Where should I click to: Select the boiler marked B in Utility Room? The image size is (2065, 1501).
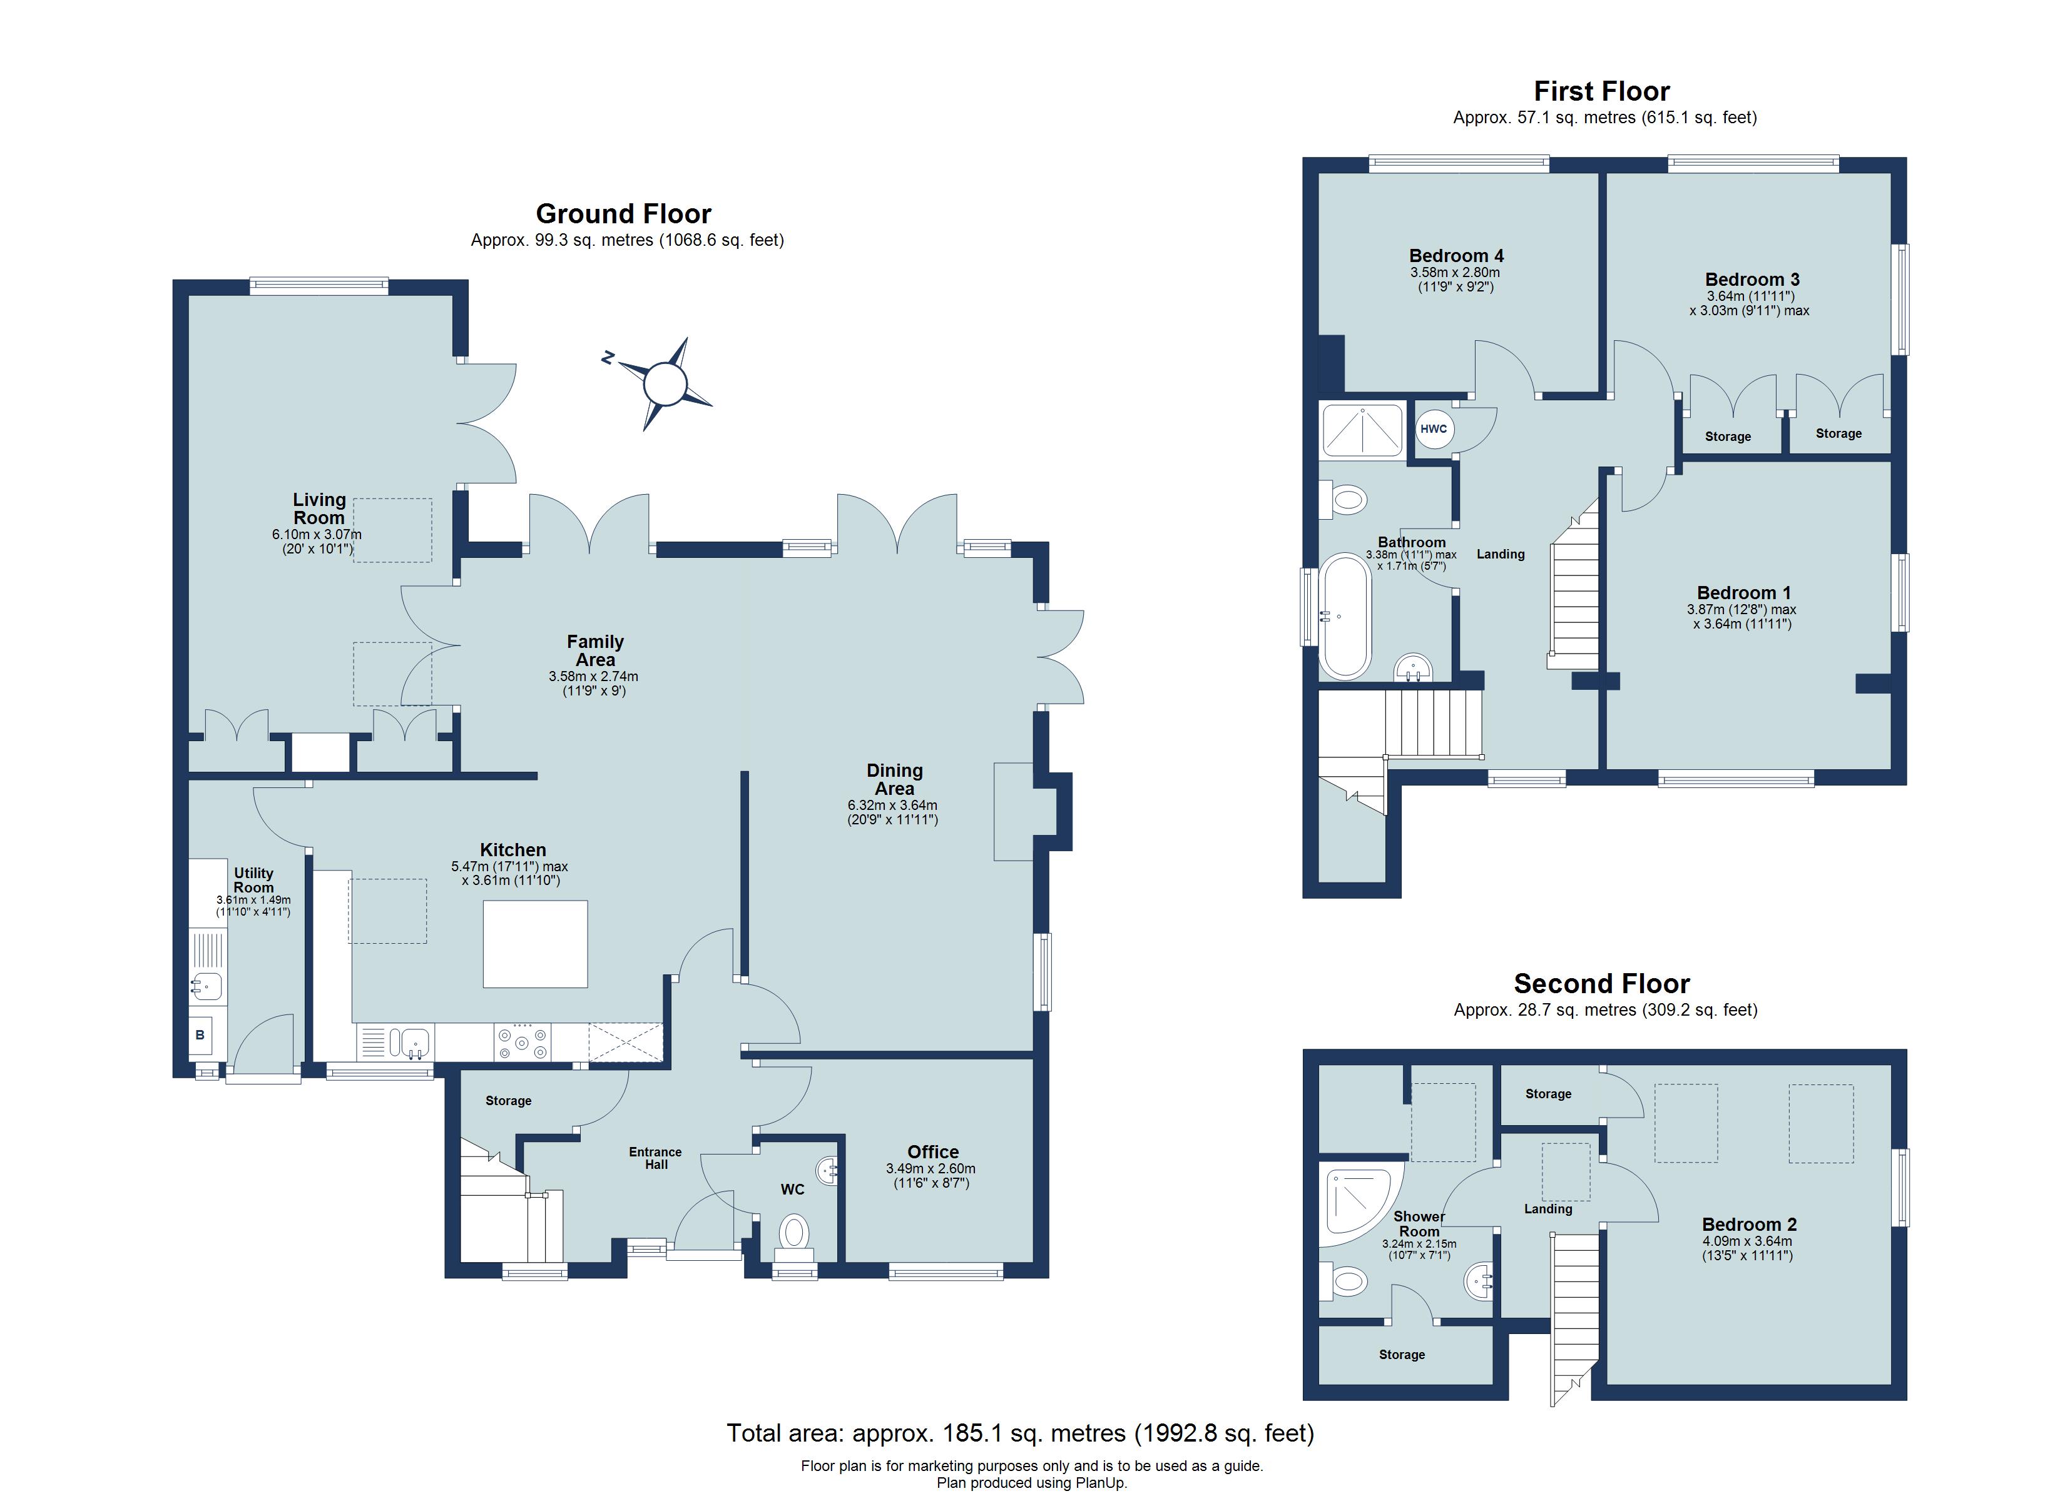pos(200,1035)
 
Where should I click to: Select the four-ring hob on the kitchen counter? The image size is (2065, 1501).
pos(522,1041)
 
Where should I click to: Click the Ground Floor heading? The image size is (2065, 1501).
pos(624,214)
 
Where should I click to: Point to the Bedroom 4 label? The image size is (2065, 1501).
pos(1456,256)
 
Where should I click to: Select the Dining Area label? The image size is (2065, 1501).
pos(894,780)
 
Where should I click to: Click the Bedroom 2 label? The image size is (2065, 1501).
pos(1749,1225)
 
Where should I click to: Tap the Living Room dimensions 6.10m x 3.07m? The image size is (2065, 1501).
pos(317,534)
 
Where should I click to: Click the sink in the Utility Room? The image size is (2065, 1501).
pos(206,986)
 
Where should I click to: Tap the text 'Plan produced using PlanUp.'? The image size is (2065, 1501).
pos(1032,1483)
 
